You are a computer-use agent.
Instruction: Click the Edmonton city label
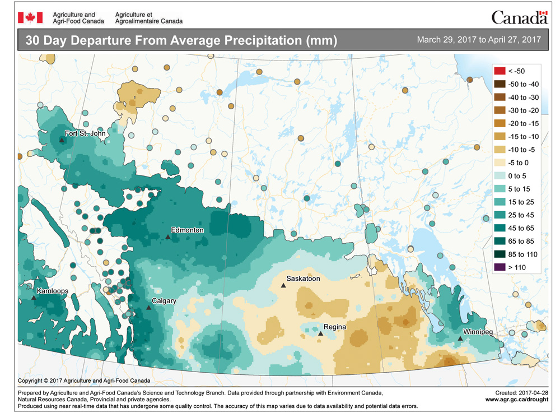[188, 230]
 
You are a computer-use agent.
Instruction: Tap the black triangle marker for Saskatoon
[283, 286]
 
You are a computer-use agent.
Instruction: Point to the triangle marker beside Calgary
[148, 308]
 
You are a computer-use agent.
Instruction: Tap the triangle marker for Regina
[320, 334]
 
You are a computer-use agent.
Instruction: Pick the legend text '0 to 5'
[519, 176]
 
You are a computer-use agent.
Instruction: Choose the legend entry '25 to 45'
[521, 215]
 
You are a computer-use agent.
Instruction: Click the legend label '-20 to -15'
[523, 123]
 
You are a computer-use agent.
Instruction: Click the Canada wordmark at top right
[519, 17]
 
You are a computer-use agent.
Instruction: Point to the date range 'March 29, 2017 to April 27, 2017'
[478, 40]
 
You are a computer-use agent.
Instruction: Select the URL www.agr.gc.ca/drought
[516, 400]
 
